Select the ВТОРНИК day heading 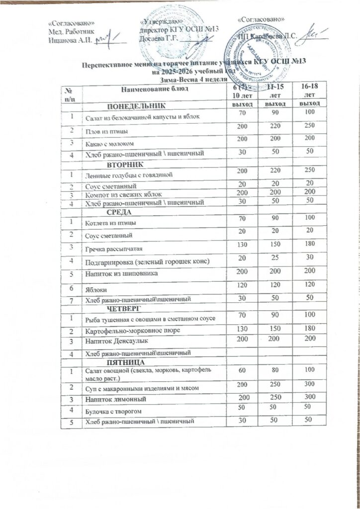[x=125, y=164]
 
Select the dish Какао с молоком [x=109, y=143]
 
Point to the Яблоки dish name [x=95, y=288]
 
